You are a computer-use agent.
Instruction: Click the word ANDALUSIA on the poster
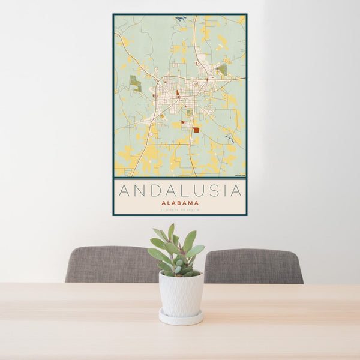click(180, 191)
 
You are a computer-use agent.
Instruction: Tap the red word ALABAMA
click(180, 203)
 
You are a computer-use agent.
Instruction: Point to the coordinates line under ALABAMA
click(180, 209)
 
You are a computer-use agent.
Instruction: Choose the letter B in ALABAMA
click(178, 203)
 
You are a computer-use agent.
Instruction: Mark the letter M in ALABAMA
click(190, 203)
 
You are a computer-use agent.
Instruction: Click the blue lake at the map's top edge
click(181, 19)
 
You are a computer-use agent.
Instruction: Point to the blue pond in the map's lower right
click(229, 139)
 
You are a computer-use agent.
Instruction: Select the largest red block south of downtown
click(196, 130)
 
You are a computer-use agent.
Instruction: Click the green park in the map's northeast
click(222, 70)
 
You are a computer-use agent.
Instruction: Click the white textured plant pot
click(181, 293)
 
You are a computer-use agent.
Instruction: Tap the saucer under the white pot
click(181, 318)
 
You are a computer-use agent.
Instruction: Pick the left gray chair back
click(111, 264)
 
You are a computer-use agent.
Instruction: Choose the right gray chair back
click(254, 266)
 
